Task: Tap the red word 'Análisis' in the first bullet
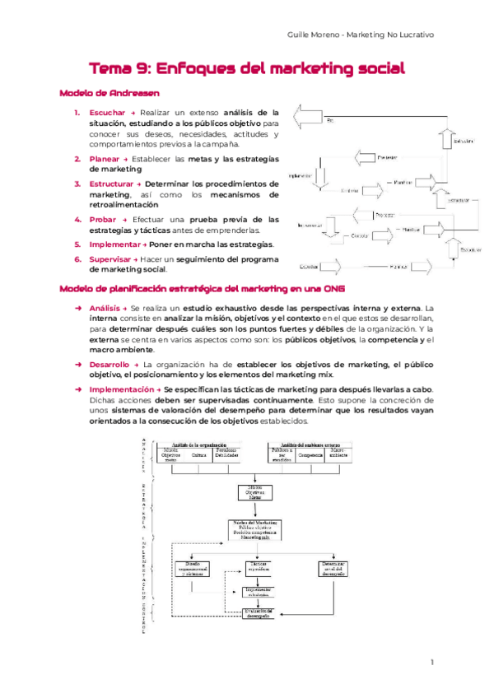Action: tap(102, 307)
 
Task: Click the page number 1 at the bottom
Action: tap(432, 662)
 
